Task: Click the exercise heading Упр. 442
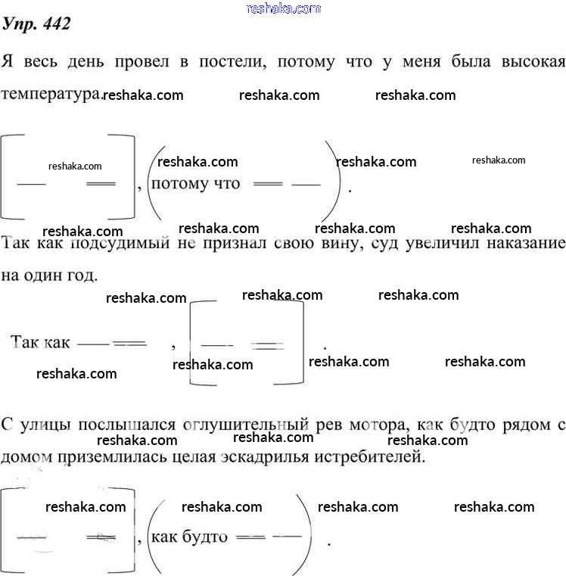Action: click(37, 24)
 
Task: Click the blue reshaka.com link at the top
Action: click(284, 8)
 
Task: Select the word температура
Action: click(51, 94)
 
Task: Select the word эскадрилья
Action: click(269, 457)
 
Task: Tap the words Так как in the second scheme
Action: click(40, 342)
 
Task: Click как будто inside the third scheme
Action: click(190, 537)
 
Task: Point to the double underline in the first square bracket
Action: click(101, 184)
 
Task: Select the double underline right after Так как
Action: click(129, 343)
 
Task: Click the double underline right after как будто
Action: click(250, 537)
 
